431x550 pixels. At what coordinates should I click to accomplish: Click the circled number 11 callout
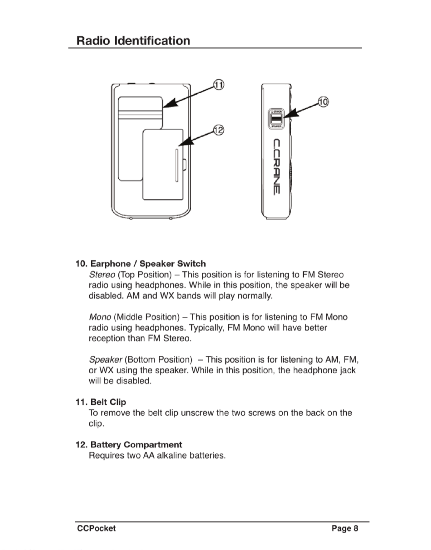coord(218,85)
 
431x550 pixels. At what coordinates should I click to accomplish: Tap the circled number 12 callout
coord(218,130)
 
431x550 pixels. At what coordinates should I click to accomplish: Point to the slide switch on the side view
coord(276,119)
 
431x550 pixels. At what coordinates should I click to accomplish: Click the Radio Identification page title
coord(133,41)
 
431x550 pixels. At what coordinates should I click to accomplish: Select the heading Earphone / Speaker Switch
coord(148,263)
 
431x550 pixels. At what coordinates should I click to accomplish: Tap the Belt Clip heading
coord(108,402)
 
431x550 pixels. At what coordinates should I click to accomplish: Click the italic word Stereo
coord(102,274)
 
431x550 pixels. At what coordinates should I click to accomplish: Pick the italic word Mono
coord(100,317)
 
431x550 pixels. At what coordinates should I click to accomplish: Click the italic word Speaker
coord(105,359)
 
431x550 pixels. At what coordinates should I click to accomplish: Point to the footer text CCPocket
coord(96,528)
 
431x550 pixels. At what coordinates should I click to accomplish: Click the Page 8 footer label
coord(345,528)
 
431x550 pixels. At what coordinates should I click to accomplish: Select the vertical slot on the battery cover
coord(176,165)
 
